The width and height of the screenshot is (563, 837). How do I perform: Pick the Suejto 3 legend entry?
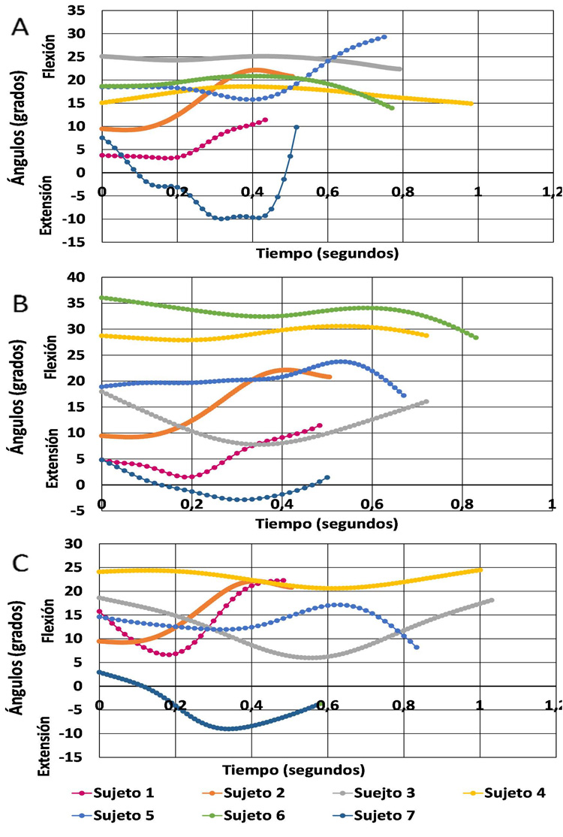pos(386,793)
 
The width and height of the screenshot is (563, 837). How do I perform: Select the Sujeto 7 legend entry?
pos(386,815)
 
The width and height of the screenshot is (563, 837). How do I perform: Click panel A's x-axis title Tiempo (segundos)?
pos(327,253)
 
